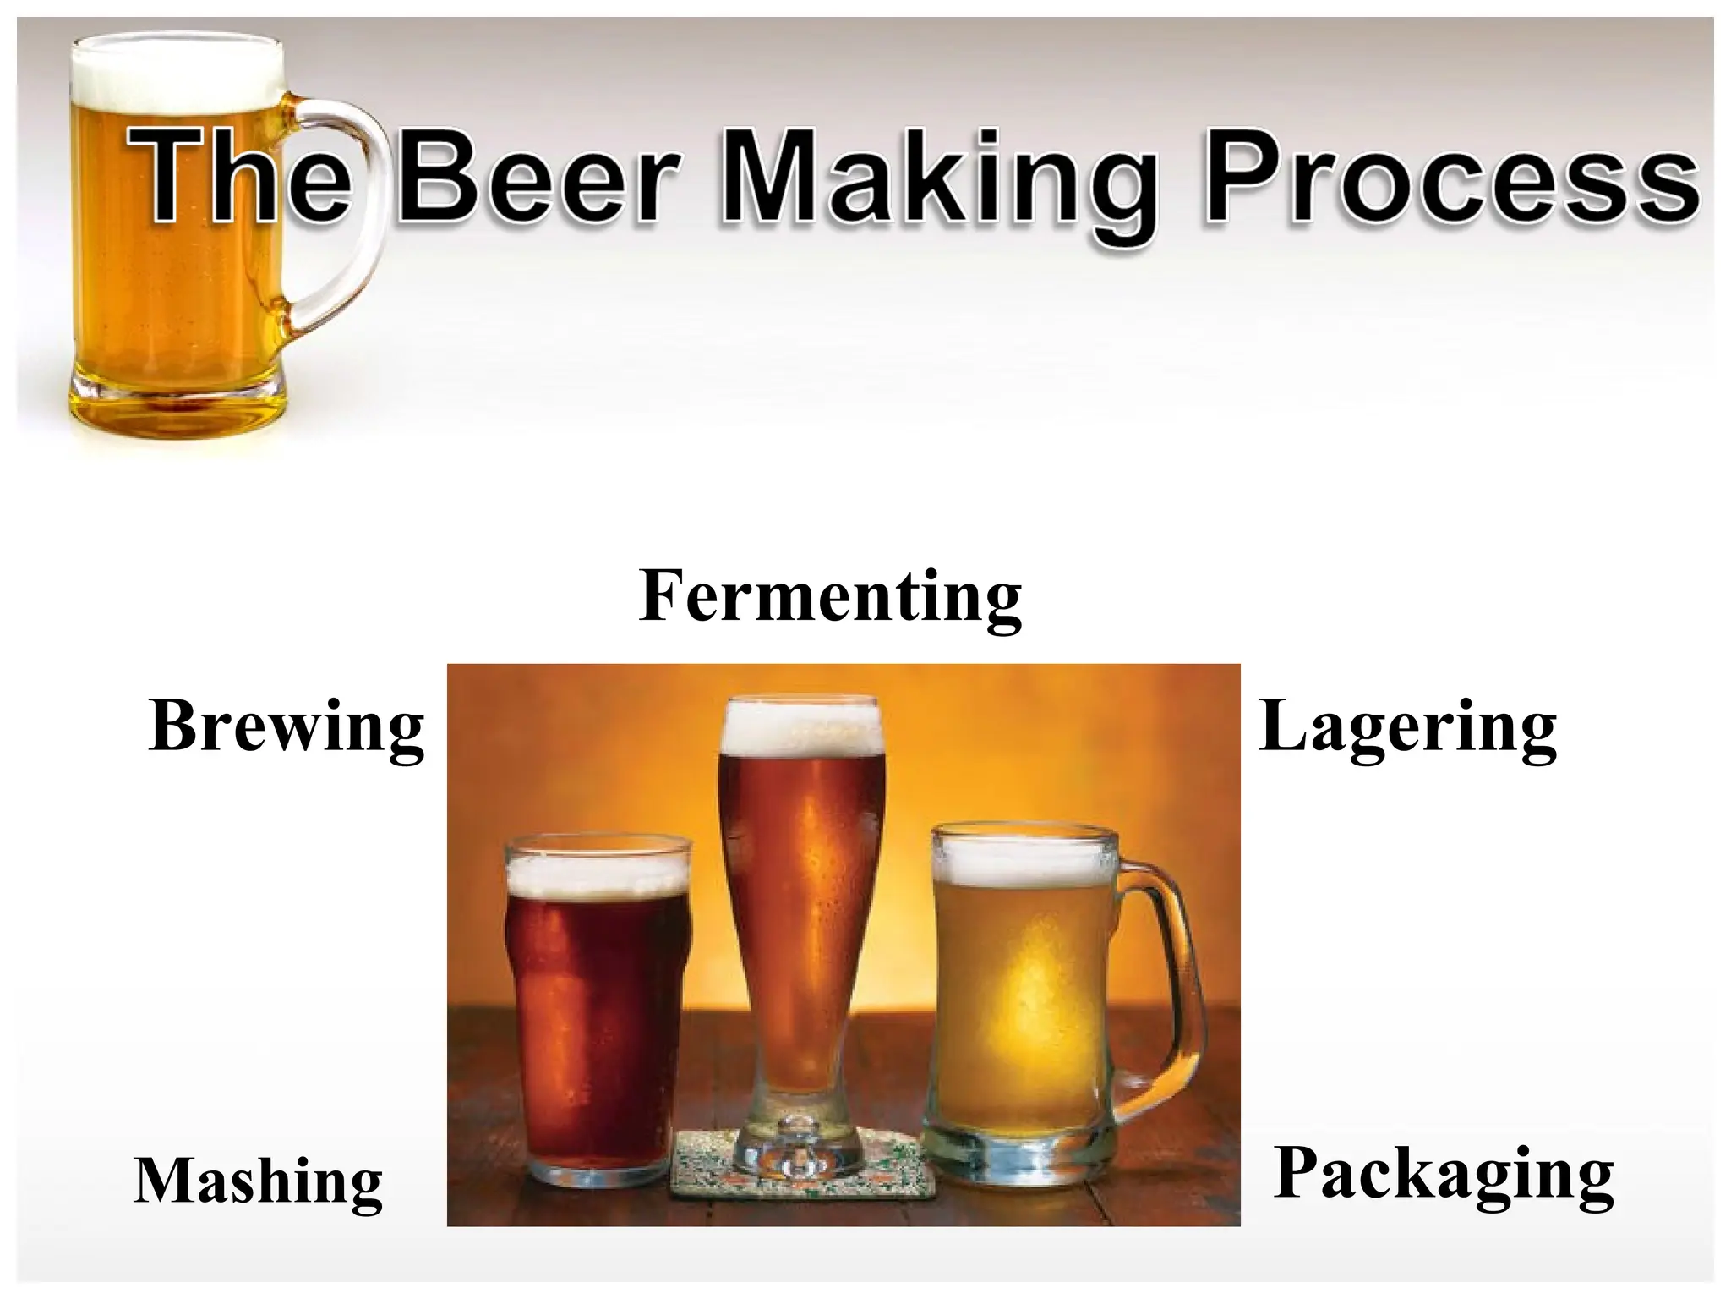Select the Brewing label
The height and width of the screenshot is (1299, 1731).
click(286, 727)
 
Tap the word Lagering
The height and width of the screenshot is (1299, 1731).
click(1406, 727)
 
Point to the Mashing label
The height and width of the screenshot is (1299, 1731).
click(258, 1182)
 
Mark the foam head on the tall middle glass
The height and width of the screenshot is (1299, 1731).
click(800, 727)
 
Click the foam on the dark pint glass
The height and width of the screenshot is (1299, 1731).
click(598, 871)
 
